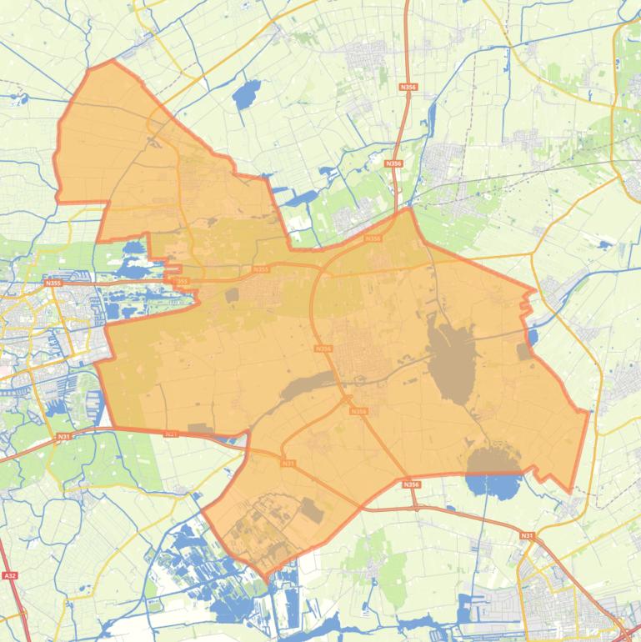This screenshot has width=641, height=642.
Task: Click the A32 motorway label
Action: click(x=10, y=575)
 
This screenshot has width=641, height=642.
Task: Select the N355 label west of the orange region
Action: click(x=53, y=283)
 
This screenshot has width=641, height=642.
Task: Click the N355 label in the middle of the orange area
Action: click(x=261, y=269)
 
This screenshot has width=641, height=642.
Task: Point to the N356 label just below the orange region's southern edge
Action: click(x=410, y=484)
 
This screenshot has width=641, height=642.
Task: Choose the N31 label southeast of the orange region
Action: click(x=526, y=534)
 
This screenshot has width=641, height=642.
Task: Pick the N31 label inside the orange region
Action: click(x=288, y=463)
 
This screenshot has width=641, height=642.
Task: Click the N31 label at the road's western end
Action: click(x=64, y=436)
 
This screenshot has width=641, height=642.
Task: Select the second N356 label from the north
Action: click(x=393, y=164)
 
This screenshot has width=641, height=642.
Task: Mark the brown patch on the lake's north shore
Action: click(x=493, y=460)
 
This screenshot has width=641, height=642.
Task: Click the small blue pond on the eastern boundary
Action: click(x=533, y=337)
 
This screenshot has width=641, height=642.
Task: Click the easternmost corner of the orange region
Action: click(x=588, y=413)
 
